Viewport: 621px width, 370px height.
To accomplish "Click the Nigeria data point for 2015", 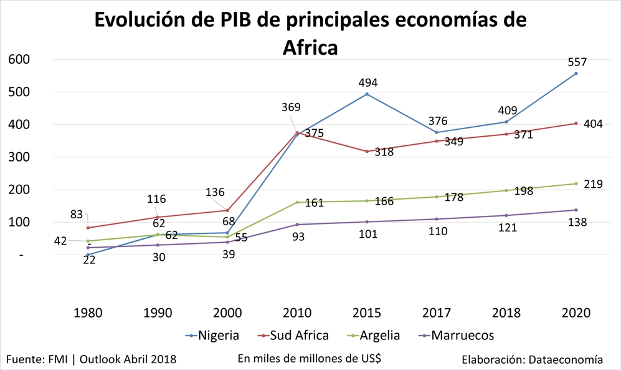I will point(367,94).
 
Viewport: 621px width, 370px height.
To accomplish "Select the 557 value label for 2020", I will point(577,62).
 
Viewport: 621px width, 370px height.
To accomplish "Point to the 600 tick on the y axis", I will point(19,59).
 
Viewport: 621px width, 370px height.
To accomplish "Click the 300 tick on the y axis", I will point(19,157).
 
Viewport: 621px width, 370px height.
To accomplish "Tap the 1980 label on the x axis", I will point(88,313).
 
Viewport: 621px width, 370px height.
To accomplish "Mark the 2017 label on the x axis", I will point(437,313).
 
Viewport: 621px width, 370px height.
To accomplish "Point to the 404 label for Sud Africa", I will point(593,124).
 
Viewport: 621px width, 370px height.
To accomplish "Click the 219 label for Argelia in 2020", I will point(593,184).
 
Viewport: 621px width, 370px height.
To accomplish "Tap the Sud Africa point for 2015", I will point(367,152).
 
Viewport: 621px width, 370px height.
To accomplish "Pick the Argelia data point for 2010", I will point(297,202).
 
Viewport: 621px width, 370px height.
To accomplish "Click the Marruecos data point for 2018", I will point(506,215).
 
